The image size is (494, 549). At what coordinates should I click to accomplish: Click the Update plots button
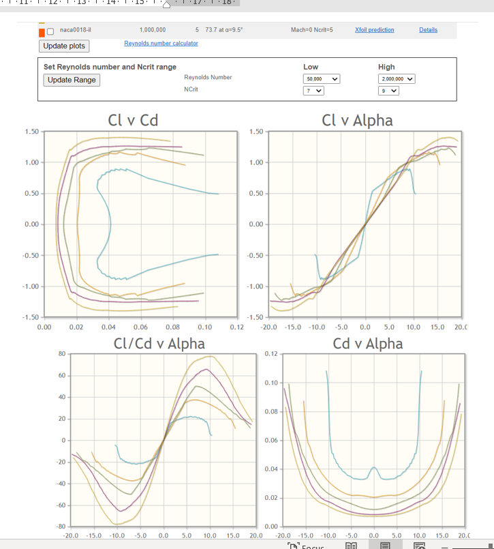pyautogui.click(x=64, y=46)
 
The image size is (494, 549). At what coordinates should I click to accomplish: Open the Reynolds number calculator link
pyautogui.click(x=161, y=43)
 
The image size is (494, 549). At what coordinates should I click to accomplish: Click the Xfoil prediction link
pyautogui.click(x=374, y=30)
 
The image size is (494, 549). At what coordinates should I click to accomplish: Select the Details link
pyautogui.click(x=428, y=30)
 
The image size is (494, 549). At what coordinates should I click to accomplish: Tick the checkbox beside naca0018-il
pyautogui.click(x=50, y=31)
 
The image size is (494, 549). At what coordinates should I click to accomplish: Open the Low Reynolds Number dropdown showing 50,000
pyautogui.click(x=322, y=79)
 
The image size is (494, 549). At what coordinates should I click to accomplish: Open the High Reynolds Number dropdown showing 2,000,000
pyautogui.click(x=397, y=79)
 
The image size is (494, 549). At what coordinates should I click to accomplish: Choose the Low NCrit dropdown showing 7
pyautogui.click(x=313, y=91)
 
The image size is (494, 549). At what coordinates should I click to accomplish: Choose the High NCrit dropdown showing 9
pyautogui.click(x=388, y=91)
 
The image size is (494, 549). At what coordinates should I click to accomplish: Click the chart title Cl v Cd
pyautogui.click(x=133, y=120)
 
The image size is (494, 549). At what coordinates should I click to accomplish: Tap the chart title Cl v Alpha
pyautogui.click(x=357, y=120)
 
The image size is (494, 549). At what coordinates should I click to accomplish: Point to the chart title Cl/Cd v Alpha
pyautogui.click(x=159, y=343)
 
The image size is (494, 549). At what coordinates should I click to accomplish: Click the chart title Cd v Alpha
pyautogui.click(x=367, y=343)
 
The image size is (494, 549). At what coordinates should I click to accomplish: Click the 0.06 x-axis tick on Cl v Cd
pyautogui.click(x=140, y=327)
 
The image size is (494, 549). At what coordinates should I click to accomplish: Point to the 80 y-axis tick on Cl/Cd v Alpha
pyautogui.click(x=61, y=354)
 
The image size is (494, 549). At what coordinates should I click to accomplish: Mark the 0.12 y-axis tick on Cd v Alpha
pyautogui.click(x=270, y=354)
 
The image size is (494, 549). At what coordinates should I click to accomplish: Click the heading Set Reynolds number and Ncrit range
pyautogui.click(x=110, y=67)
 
